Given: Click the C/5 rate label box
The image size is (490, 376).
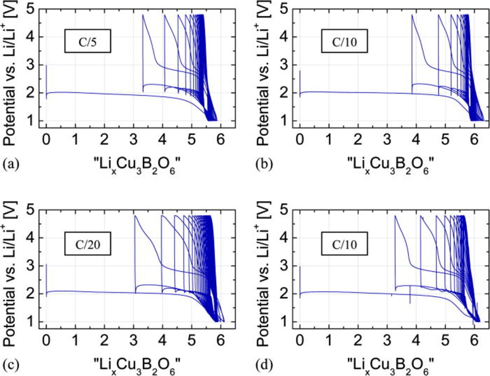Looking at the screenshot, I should point(88,42).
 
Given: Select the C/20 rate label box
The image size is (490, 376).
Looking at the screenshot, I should point(88,244).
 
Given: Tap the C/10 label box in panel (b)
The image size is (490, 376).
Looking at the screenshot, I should point(344,42).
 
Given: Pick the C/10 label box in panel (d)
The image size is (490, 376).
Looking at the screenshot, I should point(344,244).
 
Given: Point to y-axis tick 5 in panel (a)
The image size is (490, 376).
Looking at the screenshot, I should point(32,9).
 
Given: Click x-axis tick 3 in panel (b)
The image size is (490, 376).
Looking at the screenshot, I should point(387,140).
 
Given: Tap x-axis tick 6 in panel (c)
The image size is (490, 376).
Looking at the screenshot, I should point(220,341).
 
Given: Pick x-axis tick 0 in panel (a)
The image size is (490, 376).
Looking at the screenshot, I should point(46,140).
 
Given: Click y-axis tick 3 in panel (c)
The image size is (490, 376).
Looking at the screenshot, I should point(32,266).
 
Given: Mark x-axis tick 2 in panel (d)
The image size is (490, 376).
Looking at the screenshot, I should point(358,341).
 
